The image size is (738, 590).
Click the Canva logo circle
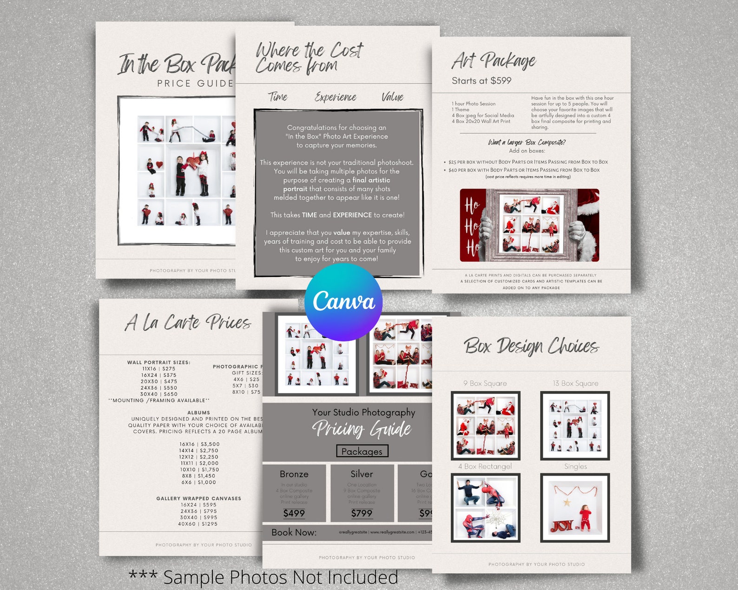343,302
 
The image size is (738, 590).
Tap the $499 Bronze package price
294,513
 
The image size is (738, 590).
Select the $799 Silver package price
362,513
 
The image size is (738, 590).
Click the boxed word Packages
362,451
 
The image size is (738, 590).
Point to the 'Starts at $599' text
481,81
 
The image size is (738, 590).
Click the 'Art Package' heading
494,61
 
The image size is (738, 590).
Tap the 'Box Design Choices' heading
531,346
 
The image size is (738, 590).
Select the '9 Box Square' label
485,383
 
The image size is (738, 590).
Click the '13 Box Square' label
575,383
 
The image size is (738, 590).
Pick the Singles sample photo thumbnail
575,508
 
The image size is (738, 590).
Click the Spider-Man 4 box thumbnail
486,508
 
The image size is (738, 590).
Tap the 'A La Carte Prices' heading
188,322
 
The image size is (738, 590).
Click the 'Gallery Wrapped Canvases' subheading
198,498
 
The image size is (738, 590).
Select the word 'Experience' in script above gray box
335,97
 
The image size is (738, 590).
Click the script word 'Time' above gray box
277,97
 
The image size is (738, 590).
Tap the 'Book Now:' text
294,532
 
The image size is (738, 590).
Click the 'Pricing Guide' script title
362,429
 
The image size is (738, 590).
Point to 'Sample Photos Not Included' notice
264,577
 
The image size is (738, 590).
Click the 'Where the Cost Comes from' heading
309,58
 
